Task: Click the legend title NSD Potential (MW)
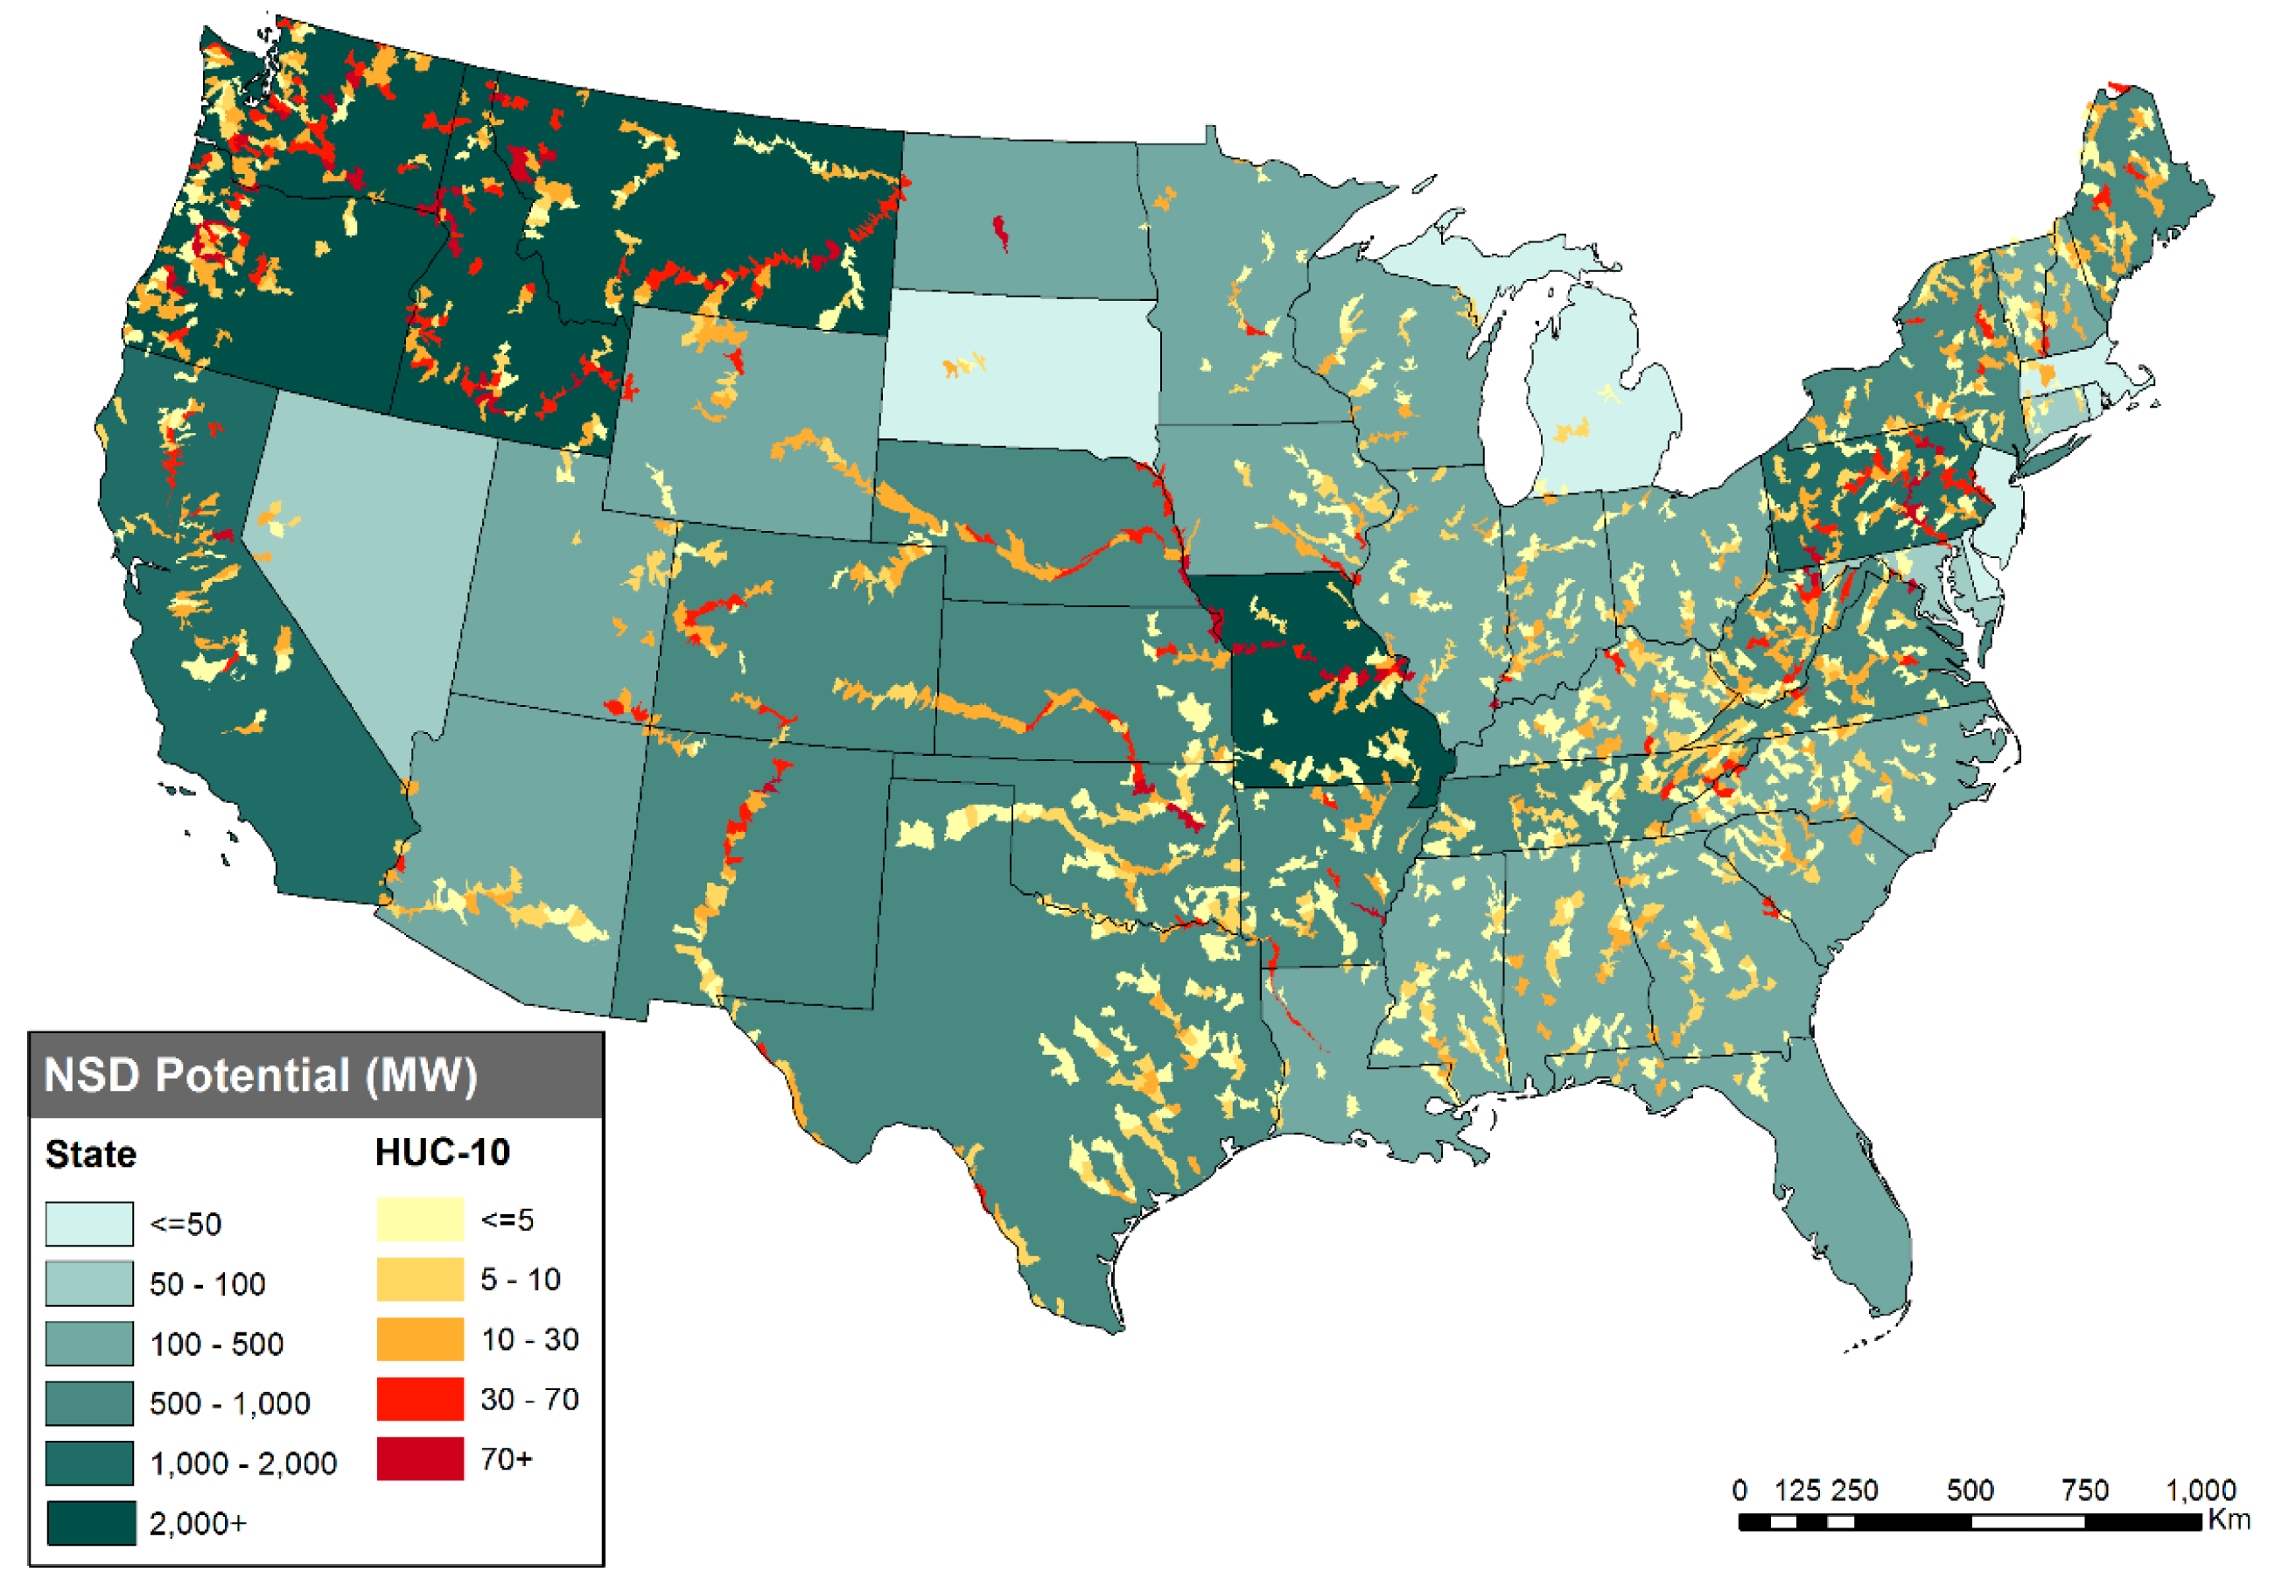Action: pos(260,1075)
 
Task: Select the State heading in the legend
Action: pos(90,1155)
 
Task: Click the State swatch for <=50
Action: pos(89,1224)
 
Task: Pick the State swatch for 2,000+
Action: pos(90,1523)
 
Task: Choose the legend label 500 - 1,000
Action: pos(229,1403)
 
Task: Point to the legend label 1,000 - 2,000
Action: pos(242,1464)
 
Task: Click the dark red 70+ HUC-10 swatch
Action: pos(420,1459)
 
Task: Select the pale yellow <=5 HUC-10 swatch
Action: pos(420,1219)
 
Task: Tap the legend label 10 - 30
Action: pos(529,1339)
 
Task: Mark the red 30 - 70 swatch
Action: pos(420,1399)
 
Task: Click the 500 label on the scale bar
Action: pos(1970,1490)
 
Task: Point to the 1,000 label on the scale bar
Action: pos(2201,1490)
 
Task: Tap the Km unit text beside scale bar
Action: pos(2229,1520)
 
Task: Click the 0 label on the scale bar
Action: pos(1739,1490)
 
